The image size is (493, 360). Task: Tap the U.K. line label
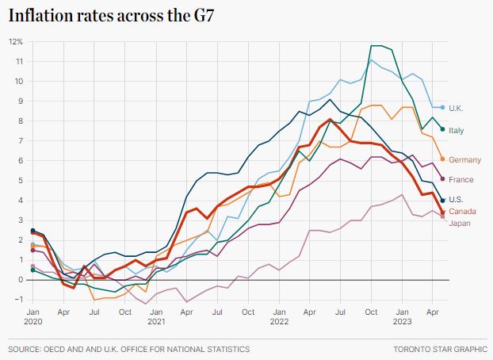pos(457,108)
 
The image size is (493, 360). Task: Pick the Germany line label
pos(464,160)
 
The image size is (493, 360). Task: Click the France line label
pos(461,180)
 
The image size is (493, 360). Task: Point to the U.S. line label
pos(457,200)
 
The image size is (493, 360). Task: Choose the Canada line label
pos(462,212)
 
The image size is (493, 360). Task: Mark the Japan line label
pos(460,223)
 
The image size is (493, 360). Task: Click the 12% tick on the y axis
pos(16,41)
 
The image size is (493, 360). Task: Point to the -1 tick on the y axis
pos(17,299)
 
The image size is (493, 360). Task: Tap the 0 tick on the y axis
pos(19,279)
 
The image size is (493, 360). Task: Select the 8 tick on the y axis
pos(19,121)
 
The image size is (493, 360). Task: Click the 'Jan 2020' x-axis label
pos(33,318)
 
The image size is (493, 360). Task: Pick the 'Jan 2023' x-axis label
pos(402,318)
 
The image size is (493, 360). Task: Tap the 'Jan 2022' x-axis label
pos(279,318)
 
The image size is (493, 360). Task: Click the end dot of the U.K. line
pos(442,107)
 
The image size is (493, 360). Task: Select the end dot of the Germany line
pos(442,159)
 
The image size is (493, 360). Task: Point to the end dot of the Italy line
pos(442,128)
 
